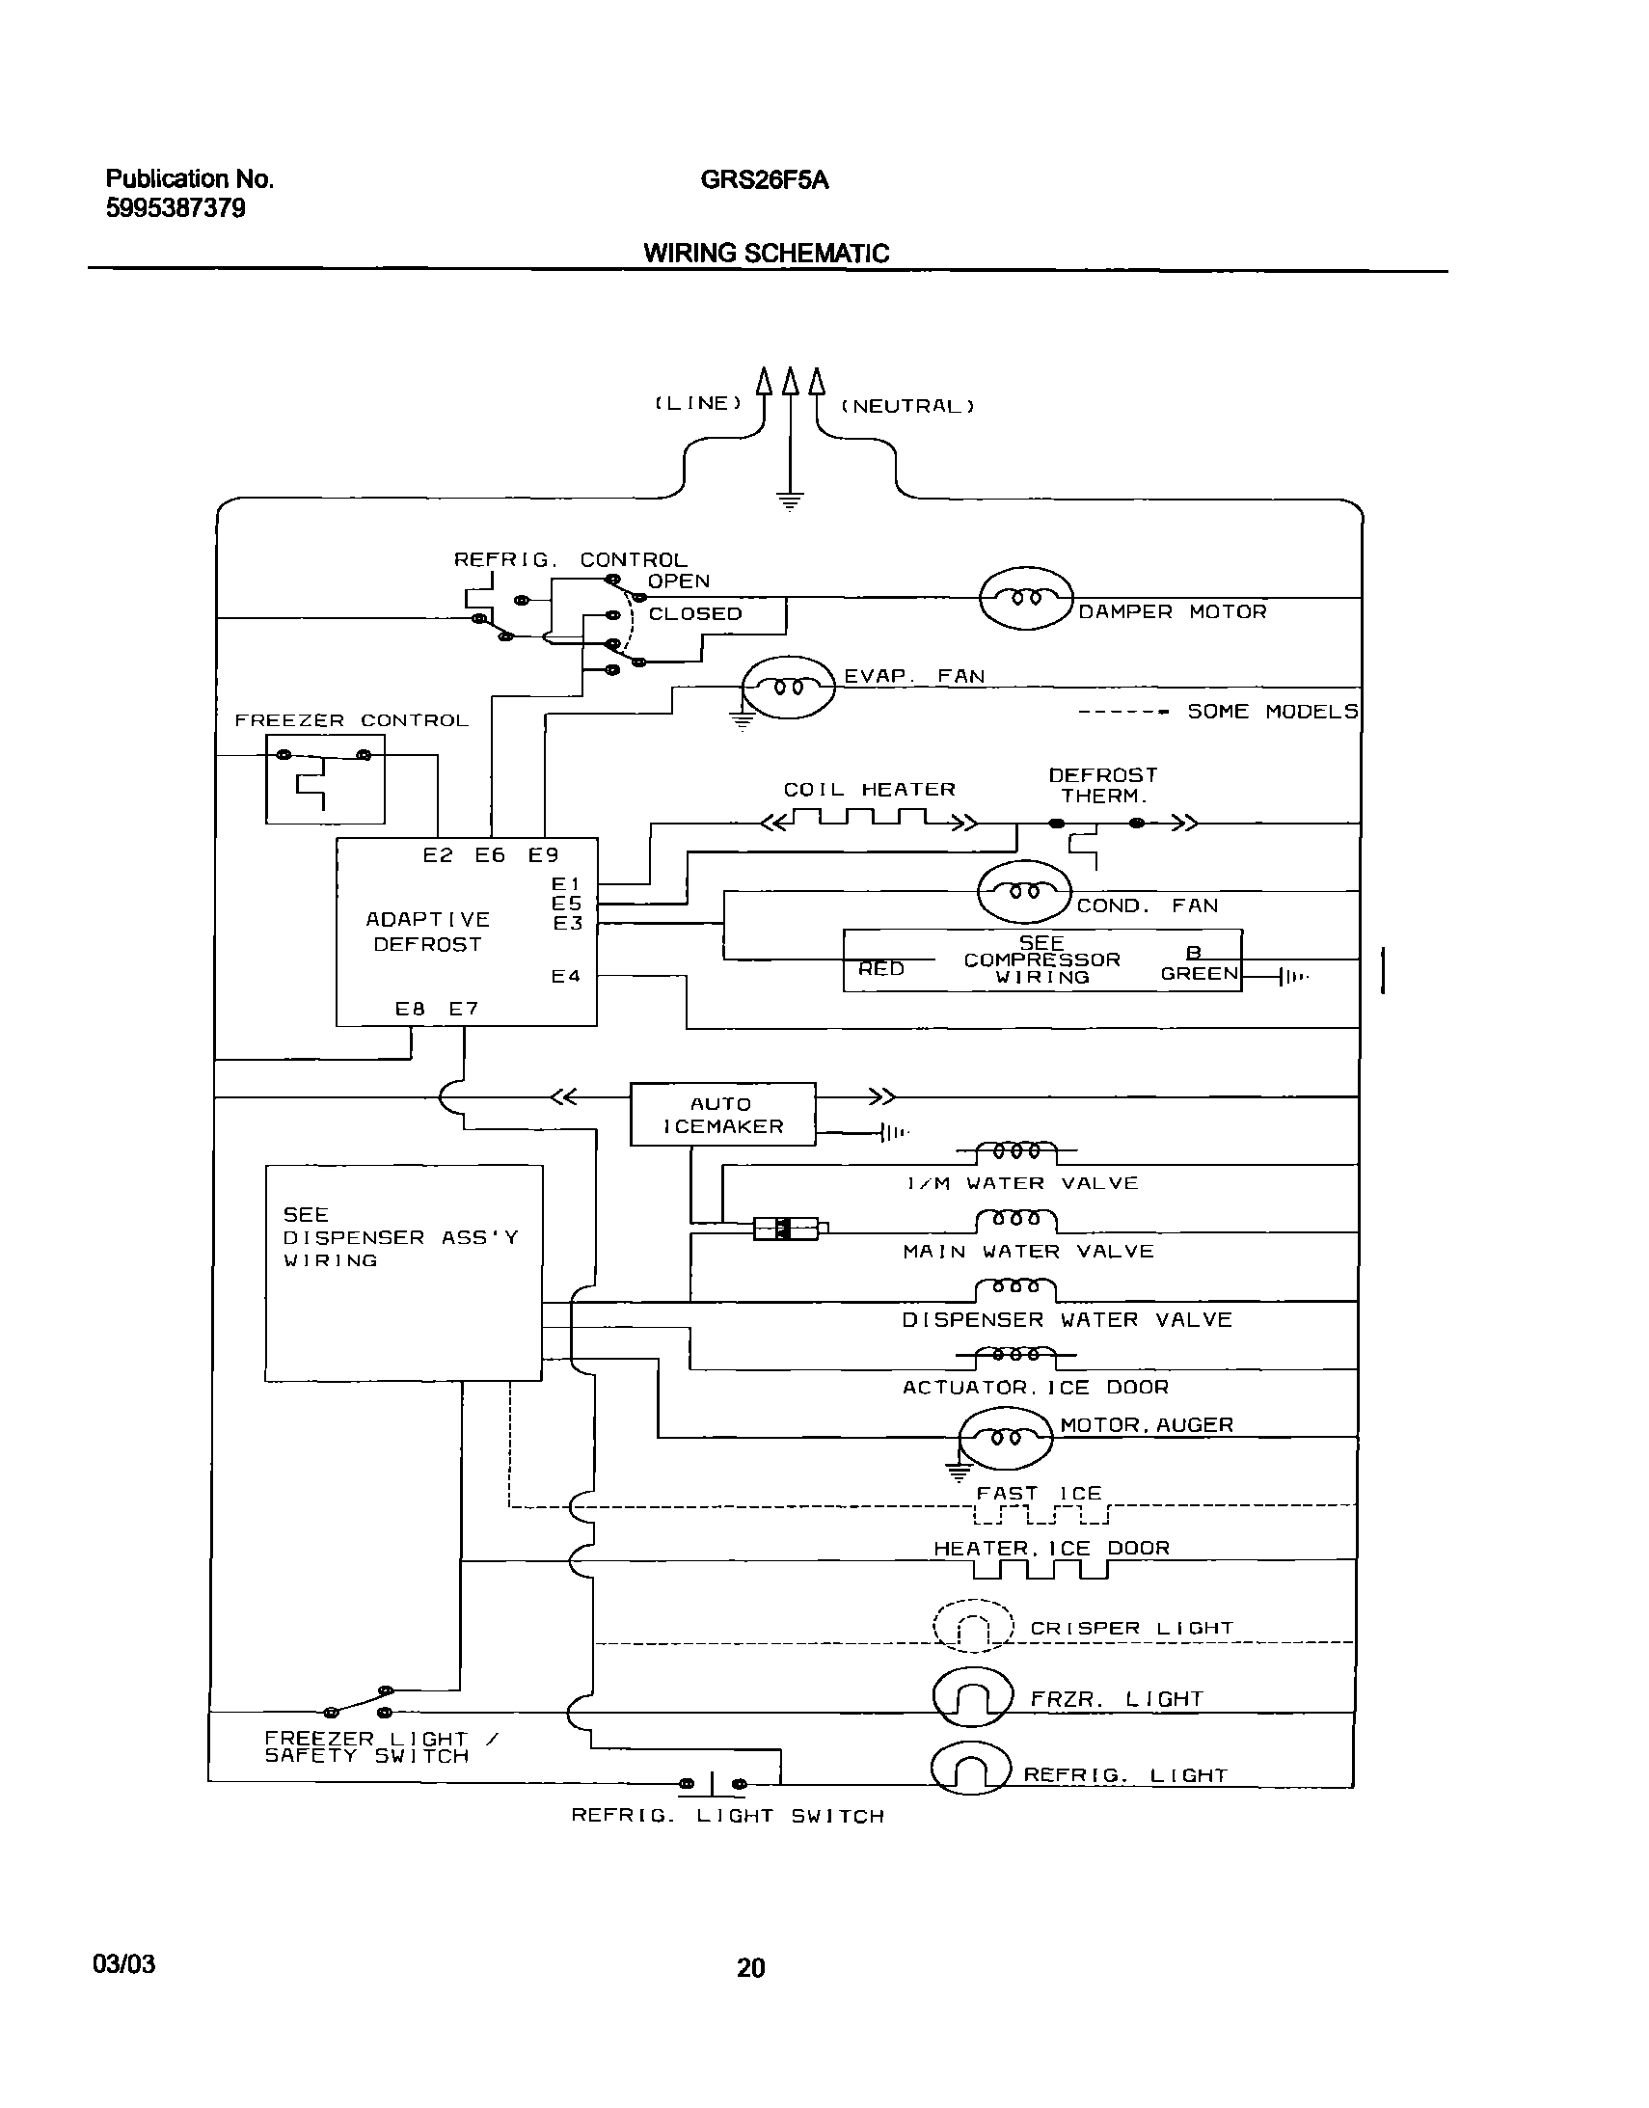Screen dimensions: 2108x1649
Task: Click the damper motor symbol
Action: click(x=1025, y=599)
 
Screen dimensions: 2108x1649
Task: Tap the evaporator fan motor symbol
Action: click(x=788, y=687)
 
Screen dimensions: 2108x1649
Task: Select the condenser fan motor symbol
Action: click(x=1024, y=891)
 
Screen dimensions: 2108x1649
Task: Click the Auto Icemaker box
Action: click(x=722, y=1115)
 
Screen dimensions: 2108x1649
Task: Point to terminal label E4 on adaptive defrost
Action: click(x=566, y=976)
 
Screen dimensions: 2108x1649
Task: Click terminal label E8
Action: click(x=410, y=1009)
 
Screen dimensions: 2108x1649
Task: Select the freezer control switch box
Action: click(x=325, y=779)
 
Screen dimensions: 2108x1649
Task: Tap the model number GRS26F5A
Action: click(x=764, y=180)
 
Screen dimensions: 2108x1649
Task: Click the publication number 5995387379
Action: click(x=176, y=208)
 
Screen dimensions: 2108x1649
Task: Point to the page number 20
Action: click(x=750, y=1967)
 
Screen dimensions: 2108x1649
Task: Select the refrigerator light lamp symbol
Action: click(x=970, y=1769)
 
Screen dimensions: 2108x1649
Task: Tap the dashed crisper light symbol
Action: click(x=973, y=1627)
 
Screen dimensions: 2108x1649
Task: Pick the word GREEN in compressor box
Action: click(x=1199, y=974)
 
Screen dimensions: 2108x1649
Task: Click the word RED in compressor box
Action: click(x=880, y=968)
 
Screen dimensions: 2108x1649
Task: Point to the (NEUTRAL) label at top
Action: click(x=907, y=406)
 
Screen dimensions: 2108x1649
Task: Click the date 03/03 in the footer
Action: click(x=123, y=1963)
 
